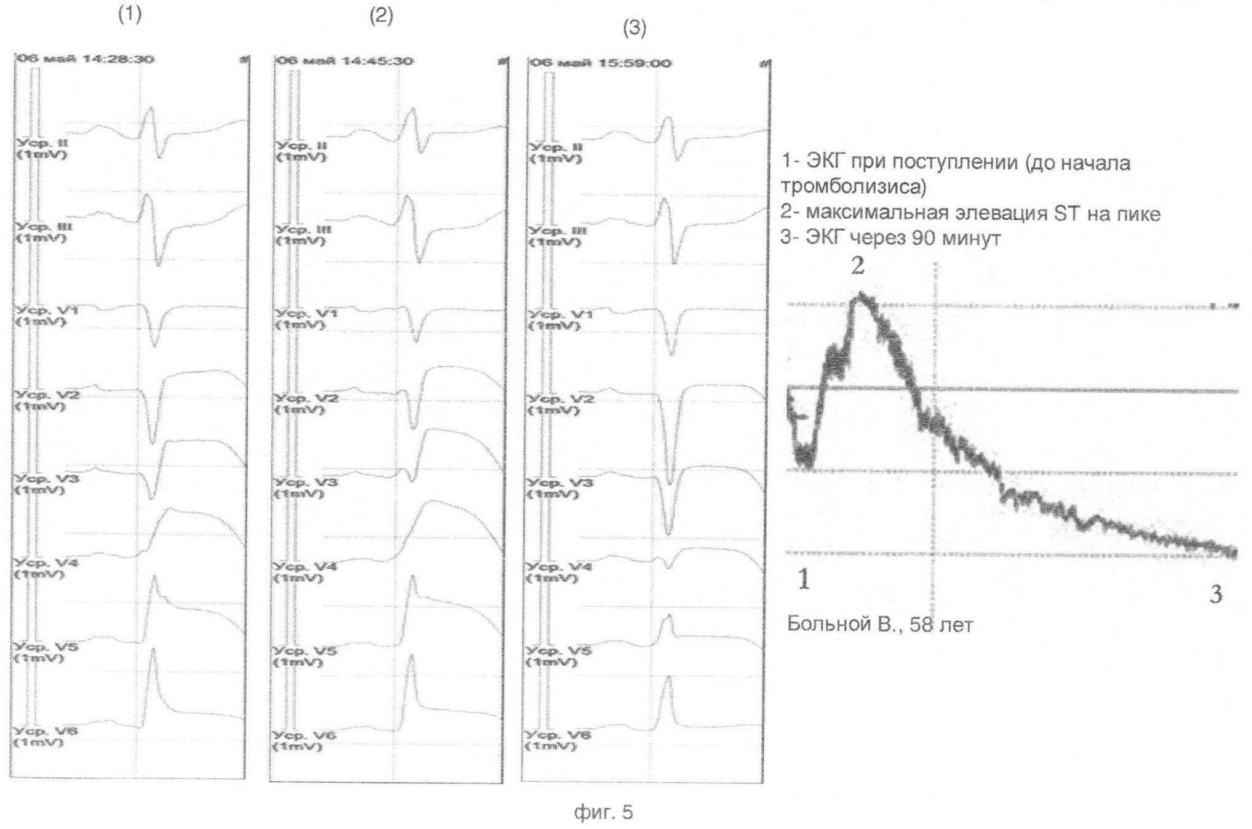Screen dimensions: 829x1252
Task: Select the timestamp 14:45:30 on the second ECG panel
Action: (377, 61)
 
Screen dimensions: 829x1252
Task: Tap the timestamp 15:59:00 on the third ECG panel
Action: (635, 63)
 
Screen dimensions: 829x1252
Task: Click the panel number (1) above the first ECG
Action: (130, 15)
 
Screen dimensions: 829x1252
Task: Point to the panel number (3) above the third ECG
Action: (635, 28)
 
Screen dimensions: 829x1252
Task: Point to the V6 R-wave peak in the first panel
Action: (153, 651)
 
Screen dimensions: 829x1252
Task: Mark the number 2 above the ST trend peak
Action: (857, 266)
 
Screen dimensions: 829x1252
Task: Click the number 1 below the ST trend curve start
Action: (804, 579)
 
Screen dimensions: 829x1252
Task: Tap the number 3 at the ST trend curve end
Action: (1216, 593)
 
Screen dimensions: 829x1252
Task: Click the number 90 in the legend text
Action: (924, 237)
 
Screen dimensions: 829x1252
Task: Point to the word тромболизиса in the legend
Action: (853, 186)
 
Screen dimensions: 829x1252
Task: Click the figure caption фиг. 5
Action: (603, 812)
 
